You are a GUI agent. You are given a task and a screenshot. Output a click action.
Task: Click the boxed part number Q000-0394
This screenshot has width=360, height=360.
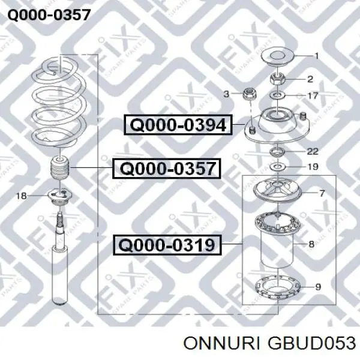click(178, 125)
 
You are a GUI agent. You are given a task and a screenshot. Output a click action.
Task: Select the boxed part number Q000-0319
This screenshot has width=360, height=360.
click(167, 245)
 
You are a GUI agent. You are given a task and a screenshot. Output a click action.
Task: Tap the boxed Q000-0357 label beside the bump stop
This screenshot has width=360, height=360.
click(166, 168)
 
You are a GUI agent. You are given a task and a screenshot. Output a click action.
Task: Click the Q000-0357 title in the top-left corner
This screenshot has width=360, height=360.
click(49, 15)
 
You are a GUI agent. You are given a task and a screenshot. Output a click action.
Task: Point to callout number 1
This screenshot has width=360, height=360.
click(317, 56)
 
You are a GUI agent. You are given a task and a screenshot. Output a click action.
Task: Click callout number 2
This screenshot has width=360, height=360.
click(310, 79)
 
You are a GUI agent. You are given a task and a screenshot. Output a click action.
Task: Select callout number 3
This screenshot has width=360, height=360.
click(226, 94)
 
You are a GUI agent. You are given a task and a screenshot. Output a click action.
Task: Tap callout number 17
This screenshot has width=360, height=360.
click(313, 95)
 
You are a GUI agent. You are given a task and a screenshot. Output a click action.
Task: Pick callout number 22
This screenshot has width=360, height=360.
click(313, 151)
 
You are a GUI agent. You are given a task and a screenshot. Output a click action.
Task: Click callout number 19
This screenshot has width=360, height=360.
click(313, 166)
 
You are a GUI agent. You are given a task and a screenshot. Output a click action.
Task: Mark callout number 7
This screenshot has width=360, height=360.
click(322, 193)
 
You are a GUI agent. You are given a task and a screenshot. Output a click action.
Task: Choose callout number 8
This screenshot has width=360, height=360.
click(311, 244)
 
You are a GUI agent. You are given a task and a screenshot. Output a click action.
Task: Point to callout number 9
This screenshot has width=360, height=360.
click(318, 287)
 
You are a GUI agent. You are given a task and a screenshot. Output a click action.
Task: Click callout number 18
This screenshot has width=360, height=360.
click(21, 196)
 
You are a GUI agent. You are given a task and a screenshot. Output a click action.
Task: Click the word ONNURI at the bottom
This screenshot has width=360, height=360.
click(221, 344)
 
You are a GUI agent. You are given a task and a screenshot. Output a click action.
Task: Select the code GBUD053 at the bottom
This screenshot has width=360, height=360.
click(311, 344)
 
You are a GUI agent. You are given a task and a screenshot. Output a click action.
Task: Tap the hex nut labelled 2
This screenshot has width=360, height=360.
click(277, 79)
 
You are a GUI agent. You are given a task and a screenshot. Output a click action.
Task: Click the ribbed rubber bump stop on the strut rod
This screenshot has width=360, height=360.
click(60, 168)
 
